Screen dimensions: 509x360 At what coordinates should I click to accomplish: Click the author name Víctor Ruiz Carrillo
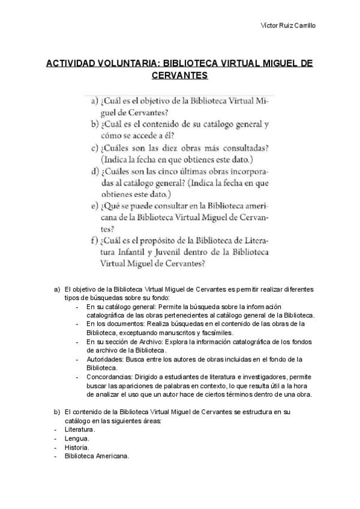pyautogui.click(x=290, y=25)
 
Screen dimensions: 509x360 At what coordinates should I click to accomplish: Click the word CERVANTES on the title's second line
pyautogui.click(x=181, y=76)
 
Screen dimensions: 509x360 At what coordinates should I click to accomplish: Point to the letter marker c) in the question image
pyautogui.click(x=95, y=148)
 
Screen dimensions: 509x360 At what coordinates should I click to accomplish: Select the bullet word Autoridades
pyautogui.click(x=106, y=358)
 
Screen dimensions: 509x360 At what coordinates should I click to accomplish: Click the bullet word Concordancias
pyautogui.click(x=110, y=376)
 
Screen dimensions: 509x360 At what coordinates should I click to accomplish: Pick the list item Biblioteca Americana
pyautogui.click(x=97, y=457)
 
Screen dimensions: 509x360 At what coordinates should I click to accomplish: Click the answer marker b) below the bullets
pyautogui.click(x=57, y=412)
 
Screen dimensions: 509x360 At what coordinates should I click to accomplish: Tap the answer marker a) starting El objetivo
pyautogui.click(x=57, y=289)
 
